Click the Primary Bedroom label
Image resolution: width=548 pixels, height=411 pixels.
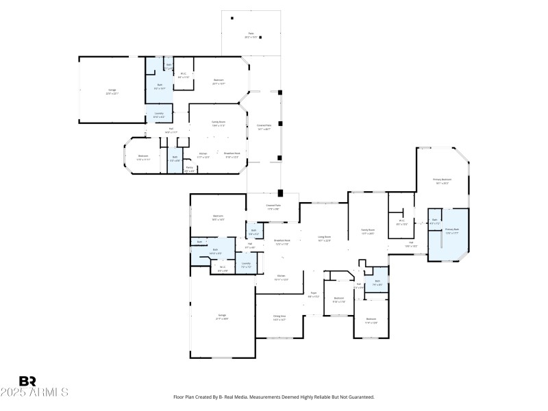[x=441, y=180]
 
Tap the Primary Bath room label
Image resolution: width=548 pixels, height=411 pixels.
[x=451, y=230]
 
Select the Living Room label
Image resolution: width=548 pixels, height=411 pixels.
[x=324, y=238]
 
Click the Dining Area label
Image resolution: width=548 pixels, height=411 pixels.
[x=279, y=317]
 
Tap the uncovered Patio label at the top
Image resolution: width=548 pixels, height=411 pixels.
[x=251, y=33]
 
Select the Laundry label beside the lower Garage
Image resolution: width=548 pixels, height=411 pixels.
[x=246, y=264]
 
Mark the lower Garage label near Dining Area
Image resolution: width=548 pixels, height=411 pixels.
[x=221, y=316]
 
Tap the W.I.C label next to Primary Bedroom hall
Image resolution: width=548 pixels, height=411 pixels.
[x=402, y=222]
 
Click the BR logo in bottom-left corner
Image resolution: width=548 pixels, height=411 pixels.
[x=27, y=381]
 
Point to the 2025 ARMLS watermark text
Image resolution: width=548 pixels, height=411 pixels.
[x=34, y=393]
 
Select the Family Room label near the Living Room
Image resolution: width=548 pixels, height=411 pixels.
[x=368, y=231]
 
